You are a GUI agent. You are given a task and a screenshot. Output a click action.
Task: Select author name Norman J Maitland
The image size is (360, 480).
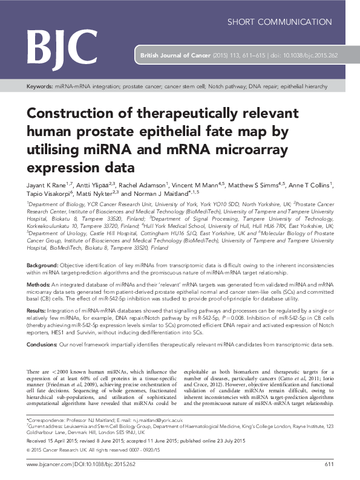coord(155,194)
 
